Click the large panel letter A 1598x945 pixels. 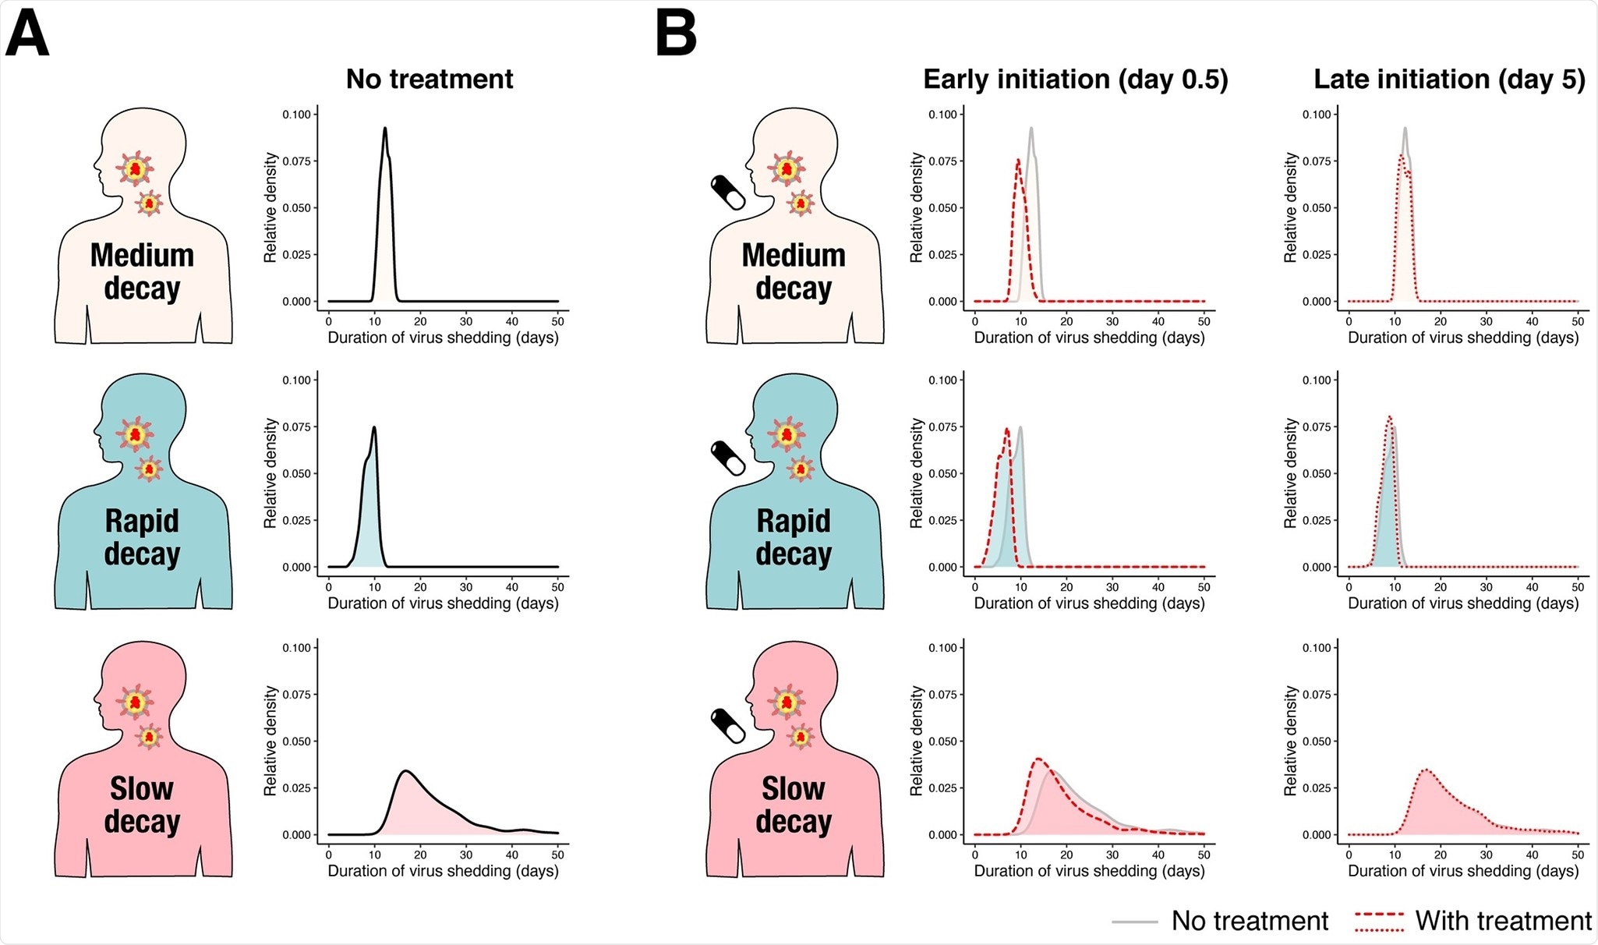[27, 35]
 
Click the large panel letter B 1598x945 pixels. [676, 35]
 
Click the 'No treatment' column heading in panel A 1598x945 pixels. [430, 79]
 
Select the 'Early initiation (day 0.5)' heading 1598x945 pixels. [1075, 79]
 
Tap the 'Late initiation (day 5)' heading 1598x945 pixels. [1449, 79]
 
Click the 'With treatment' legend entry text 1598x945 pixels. [1503, 921]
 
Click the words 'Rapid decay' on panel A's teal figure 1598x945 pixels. [142, 537]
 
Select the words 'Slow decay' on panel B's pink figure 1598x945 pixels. [794, 805]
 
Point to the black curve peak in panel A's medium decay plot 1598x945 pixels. [385, 129]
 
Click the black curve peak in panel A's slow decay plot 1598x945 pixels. [405, 771]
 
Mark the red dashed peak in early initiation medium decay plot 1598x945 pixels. [1018, 161]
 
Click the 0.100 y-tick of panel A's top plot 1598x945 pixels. [296, 115]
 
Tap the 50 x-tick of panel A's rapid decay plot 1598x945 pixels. [558, 586]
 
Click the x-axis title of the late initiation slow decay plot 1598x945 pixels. [1463, 871]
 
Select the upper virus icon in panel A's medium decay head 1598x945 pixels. [136, 168]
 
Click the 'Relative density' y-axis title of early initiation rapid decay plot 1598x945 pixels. [916, 473]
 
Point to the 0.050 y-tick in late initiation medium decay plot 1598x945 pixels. [1317, 208]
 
